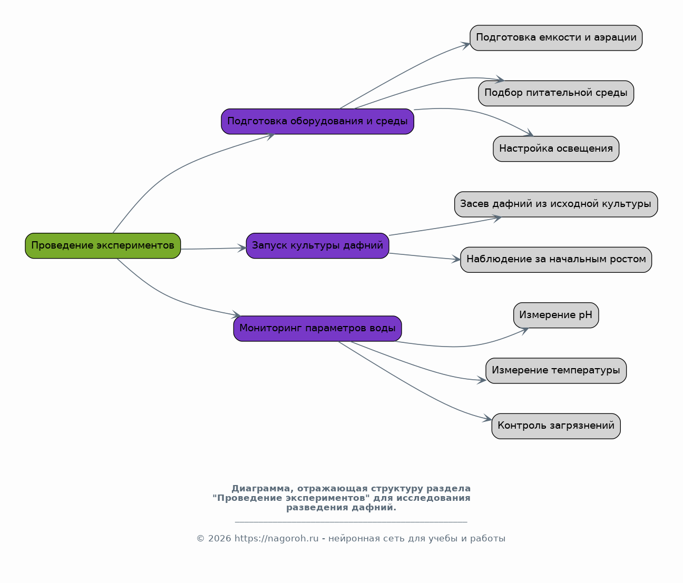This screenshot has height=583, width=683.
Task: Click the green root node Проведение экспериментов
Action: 103,245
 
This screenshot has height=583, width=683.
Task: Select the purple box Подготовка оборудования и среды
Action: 317,122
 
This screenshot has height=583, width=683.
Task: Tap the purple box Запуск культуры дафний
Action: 317,245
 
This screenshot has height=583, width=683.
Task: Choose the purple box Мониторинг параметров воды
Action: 317,329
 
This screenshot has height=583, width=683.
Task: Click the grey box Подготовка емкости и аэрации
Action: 556,38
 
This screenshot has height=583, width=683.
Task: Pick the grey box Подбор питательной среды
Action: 556,93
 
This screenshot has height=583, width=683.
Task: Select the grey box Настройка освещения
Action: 556,149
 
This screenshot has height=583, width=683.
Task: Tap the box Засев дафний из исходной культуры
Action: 556,204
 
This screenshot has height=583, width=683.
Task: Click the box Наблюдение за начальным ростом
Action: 556,260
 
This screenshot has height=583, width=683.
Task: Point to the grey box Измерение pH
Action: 556,315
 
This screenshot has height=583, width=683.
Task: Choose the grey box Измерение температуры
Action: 556,371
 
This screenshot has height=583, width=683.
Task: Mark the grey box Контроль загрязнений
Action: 556,426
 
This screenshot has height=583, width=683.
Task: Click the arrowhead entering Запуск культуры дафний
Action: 242,248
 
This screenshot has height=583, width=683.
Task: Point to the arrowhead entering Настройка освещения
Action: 529,133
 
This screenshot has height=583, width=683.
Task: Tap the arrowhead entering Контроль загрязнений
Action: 487,418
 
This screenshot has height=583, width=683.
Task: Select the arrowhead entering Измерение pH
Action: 525,331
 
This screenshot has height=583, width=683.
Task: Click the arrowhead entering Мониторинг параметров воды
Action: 236,314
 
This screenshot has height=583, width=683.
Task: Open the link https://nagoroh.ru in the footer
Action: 277,539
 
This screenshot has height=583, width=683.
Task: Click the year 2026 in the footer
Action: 219,539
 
